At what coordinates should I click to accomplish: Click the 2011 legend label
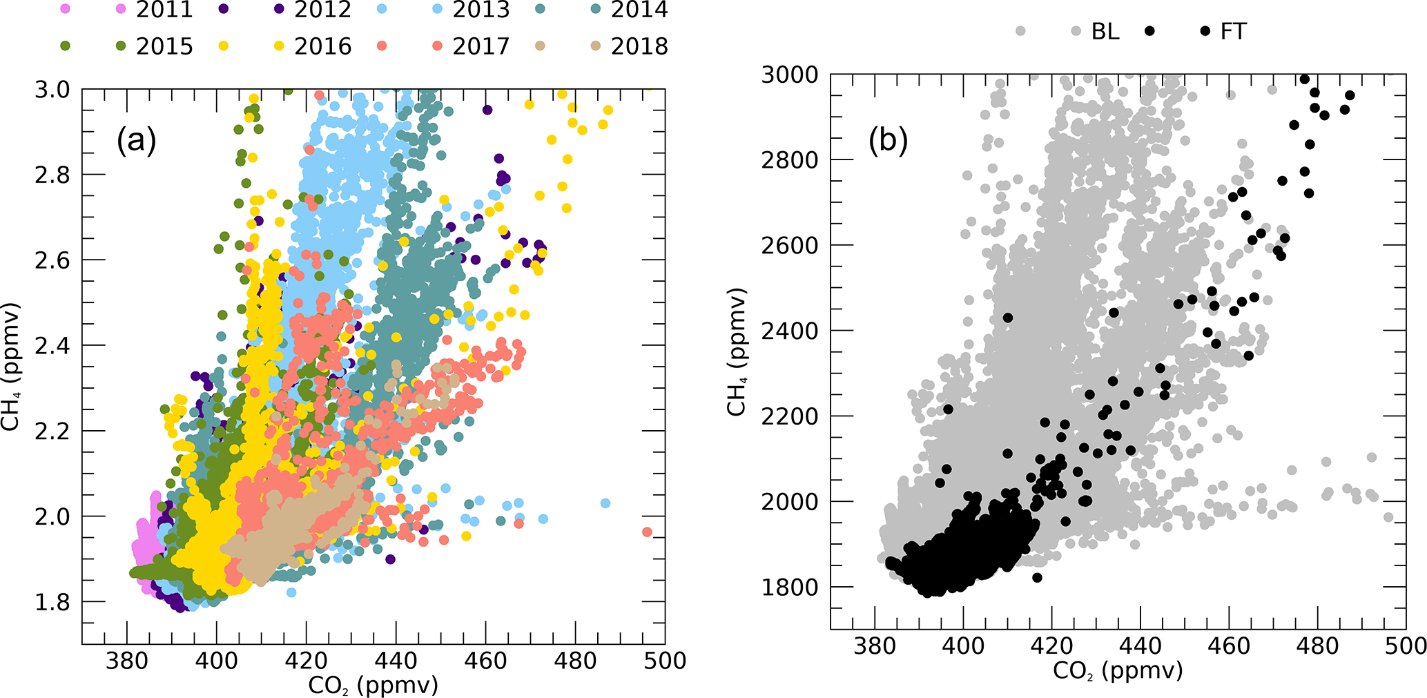(164, 10)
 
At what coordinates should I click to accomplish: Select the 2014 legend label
(639, 10)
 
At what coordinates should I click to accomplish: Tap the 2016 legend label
(322, 46)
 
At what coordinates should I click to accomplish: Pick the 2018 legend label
(639, 46)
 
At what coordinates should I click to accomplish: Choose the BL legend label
(1105, 31)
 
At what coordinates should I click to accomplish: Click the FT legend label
(1233, 31)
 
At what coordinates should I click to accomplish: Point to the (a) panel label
(136, 140)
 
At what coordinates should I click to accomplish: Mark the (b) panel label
(888, 140)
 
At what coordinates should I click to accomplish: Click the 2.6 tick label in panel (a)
(52, 260)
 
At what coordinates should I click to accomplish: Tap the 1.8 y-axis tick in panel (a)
(52, 602)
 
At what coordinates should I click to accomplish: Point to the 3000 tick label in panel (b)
(789, 75)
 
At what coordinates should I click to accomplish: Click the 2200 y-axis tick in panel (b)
(789, 416)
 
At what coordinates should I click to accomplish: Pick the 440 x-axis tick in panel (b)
(1140, 647)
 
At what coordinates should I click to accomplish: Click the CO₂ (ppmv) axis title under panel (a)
(373, 685)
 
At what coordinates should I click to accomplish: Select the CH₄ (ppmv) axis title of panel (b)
(737, 352)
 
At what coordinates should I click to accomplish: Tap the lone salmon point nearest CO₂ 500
(647, 532)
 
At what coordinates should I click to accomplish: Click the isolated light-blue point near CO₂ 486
(605, 503)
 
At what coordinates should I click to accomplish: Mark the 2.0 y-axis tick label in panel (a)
(52, 516)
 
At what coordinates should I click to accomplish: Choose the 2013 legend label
(481, 10)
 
